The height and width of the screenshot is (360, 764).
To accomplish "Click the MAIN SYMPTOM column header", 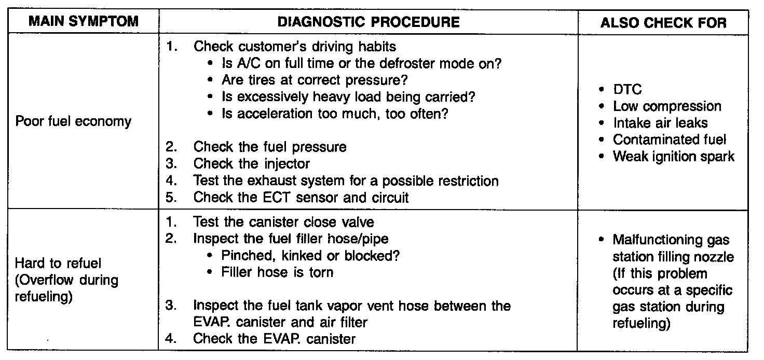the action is (x=84, y=21).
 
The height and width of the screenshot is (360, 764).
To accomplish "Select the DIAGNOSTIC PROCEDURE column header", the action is (x=369, y=22).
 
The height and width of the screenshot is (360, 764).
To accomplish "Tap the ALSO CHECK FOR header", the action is (x=663, y=22).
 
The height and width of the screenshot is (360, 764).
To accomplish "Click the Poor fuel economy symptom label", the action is (x=73, y=121).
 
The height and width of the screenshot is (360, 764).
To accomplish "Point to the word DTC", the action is (x=627, y=89).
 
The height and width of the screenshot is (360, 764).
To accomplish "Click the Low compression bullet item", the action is (x=667, y=106).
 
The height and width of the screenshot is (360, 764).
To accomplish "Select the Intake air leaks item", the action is (x=660, y=123).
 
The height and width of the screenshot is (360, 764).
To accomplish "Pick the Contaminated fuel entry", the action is (x=670, y=140).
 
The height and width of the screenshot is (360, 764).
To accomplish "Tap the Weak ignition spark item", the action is (x=674, y=157).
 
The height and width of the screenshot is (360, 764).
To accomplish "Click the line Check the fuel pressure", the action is (x=270, y=147).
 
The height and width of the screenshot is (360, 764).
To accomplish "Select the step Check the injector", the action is (x=252, y=163).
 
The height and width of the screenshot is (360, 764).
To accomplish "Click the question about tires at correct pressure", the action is (x=315, y=80).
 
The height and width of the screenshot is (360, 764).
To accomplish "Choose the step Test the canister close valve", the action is (x=283, y=222).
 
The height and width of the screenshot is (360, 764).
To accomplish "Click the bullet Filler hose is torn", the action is (x=277, y=272).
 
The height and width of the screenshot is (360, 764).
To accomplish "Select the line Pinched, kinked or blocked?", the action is (x=310, y=255).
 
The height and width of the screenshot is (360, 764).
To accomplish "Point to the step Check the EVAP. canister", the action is (x=274, y=339).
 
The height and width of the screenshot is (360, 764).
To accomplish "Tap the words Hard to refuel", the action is (x=58, y=263).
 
